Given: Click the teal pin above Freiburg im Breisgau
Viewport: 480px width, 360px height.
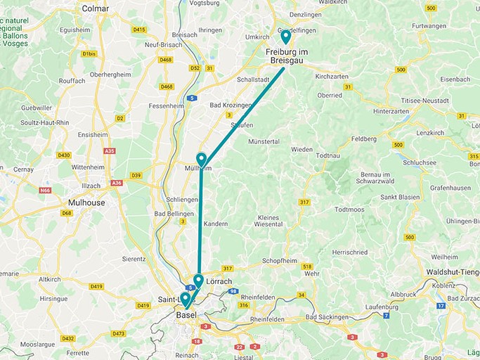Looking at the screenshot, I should (286, 37).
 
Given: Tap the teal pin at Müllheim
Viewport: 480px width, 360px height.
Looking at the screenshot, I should (202, 160).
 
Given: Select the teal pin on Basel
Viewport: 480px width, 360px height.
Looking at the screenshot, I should (186, 300).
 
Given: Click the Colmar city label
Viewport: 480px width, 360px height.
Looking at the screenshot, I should (96, 8).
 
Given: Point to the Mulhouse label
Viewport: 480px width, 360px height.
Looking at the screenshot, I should (82, 202).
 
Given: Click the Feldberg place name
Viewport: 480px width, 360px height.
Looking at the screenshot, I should (365, 139).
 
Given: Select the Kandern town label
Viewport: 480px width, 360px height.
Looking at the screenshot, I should (215, 224).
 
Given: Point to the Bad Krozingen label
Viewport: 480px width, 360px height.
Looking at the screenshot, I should (231, 105).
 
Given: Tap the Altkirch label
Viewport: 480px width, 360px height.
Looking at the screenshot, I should (50, 279).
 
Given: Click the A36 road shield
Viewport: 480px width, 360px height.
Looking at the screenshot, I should (116, 183).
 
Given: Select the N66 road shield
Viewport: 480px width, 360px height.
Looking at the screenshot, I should (46, 190).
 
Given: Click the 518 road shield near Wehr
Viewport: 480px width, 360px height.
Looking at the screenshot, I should (307, 266).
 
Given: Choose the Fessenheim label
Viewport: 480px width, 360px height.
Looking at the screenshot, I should (167, 106).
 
